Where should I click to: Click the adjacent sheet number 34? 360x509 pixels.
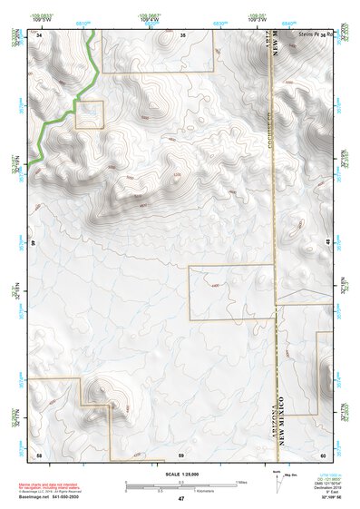pos(41,34)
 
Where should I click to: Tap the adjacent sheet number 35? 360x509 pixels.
pos(183,34)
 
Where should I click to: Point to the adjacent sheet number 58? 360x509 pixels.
pos(39,454)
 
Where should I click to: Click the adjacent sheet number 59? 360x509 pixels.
pos(181,454)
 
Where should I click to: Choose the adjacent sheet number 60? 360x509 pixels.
pos(323,454)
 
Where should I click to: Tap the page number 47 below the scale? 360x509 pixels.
pos(180,499)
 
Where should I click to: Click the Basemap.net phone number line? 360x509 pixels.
pos(51,496)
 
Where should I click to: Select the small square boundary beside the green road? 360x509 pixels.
pos(90,114)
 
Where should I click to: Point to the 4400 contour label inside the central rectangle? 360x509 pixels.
pos(214,286)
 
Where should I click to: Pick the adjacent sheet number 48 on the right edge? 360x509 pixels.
pos(327,244)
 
